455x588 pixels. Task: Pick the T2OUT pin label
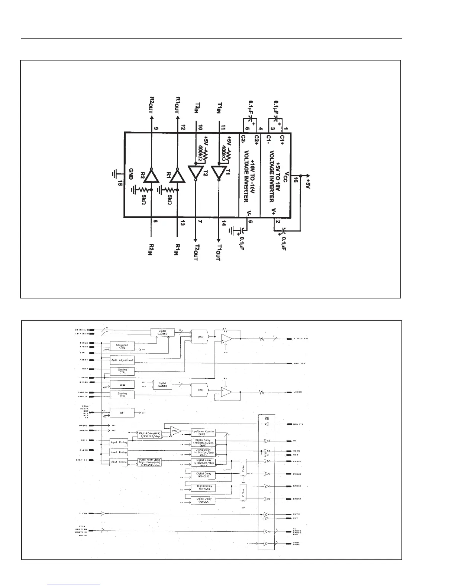(x=196, y=252)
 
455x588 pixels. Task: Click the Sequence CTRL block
(x=122, y=346)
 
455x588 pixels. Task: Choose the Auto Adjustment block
(x=122, y=360)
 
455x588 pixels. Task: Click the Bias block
(x=122, y=385)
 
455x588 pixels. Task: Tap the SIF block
(x=122, y=412)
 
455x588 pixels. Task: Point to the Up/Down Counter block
(x=203, y=433)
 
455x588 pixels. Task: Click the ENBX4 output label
(x=297, y=499)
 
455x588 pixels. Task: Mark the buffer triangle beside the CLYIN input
(x=103, y=514)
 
